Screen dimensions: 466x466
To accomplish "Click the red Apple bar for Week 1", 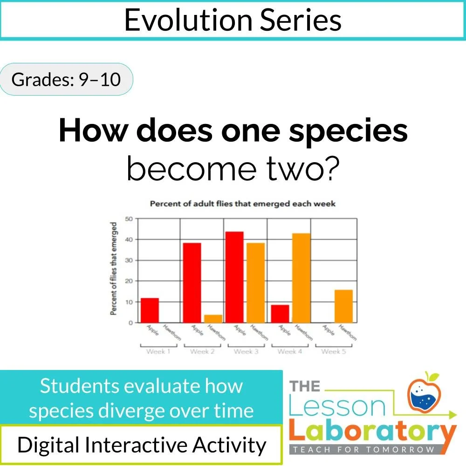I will click(150, 310).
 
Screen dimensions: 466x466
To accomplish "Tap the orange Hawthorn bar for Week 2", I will click(213, 319).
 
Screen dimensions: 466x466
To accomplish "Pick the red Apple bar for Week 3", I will click(234, 277).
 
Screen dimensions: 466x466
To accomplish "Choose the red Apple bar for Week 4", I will click(280, 314).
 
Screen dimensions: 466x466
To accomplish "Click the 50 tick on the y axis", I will click(129, 219).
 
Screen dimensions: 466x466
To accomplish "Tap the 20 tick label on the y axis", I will click(129, 281).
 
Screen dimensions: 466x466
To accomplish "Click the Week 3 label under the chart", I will click(246, 351).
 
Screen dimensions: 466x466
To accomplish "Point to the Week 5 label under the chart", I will click(334, 351).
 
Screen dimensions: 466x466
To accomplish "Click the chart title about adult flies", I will click(242, 204).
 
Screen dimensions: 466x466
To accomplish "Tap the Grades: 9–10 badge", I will click(66, 80).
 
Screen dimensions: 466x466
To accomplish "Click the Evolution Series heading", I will click(233, 20).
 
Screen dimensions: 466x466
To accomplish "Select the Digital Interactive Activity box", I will click(141, 445).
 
